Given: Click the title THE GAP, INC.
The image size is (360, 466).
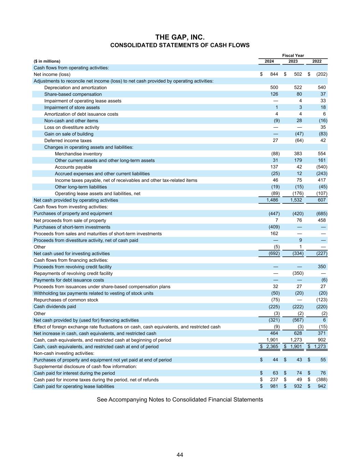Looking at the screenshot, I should coord(180,37).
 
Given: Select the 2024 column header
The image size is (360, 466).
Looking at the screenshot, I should coord(269,61).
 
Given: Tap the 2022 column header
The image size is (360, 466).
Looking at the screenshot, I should coord(317,61).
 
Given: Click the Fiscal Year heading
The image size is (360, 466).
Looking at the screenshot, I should coord(293,56).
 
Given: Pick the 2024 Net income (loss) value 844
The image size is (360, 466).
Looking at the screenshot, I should coord(274,74).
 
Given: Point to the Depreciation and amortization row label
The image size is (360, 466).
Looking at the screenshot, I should coord(75,88).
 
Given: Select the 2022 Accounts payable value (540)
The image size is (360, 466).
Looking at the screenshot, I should coord(321,167).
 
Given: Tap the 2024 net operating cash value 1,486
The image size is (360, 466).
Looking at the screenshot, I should coord(273,200).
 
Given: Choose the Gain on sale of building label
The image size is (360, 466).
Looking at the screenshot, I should coord(69,134).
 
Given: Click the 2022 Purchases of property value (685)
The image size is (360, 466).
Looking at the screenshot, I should coord(321,214).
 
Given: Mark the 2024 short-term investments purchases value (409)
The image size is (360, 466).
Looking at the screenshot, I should coord(274,227).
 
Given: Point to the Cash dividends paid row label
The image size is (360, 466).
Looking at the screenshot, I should coord(55,307).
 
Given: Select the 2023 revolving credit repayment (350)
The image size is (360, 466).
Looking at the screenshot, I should coord(298,273).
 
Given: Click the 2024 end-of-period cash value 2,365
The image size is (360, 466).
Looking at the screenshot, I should coord(272,347).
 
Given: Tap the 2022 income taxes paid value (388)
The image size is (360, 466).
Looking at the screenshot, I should coord(321,380).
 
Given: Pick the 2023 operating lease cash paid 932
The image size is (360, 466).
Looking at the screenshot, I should coord(298,386).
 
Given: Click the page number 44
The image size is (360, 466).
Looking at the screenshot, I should coord(180,455).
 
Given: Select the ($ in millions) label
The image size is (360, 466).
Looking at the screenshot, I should coord(47,61).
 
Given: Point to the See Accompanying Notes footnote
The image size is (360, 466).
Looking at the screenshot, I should coord(180,400).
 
